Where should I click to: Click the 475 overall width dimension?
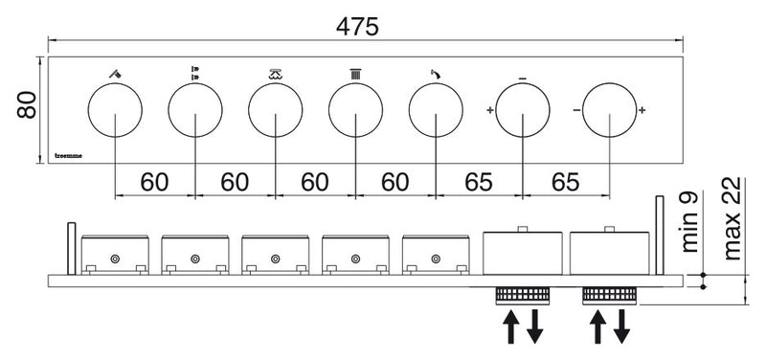point(357,27)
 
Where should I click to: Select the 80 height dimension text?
point(27,104)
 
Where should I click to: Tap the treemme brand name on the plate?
point(68,156)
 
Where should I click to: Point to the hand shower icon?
point(115,75)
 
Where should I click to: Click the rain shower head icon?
point(276,75)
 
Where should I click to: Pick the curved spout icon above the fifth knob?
point(436,74)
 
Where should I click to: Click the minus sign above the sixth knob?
point(522,79)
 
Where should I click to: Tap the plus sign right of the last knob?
point(642,110)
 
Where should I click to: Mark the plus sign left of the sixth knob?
point(490,110)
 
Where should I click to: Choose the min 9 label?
point(689,222)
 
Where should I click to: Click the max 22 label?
point(732,219)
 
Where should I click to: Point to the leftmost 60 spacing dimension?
point(154,182)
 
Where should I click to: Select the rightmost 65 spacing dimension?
point(566,182)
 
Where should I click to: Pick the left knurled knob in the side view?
point(522,295)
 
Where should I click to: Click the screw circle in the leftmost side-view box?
point(115,259)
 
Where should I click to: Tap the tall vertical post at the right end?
point(660,236)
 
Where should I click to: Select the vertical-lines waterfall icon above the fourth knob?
point(355,75)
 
